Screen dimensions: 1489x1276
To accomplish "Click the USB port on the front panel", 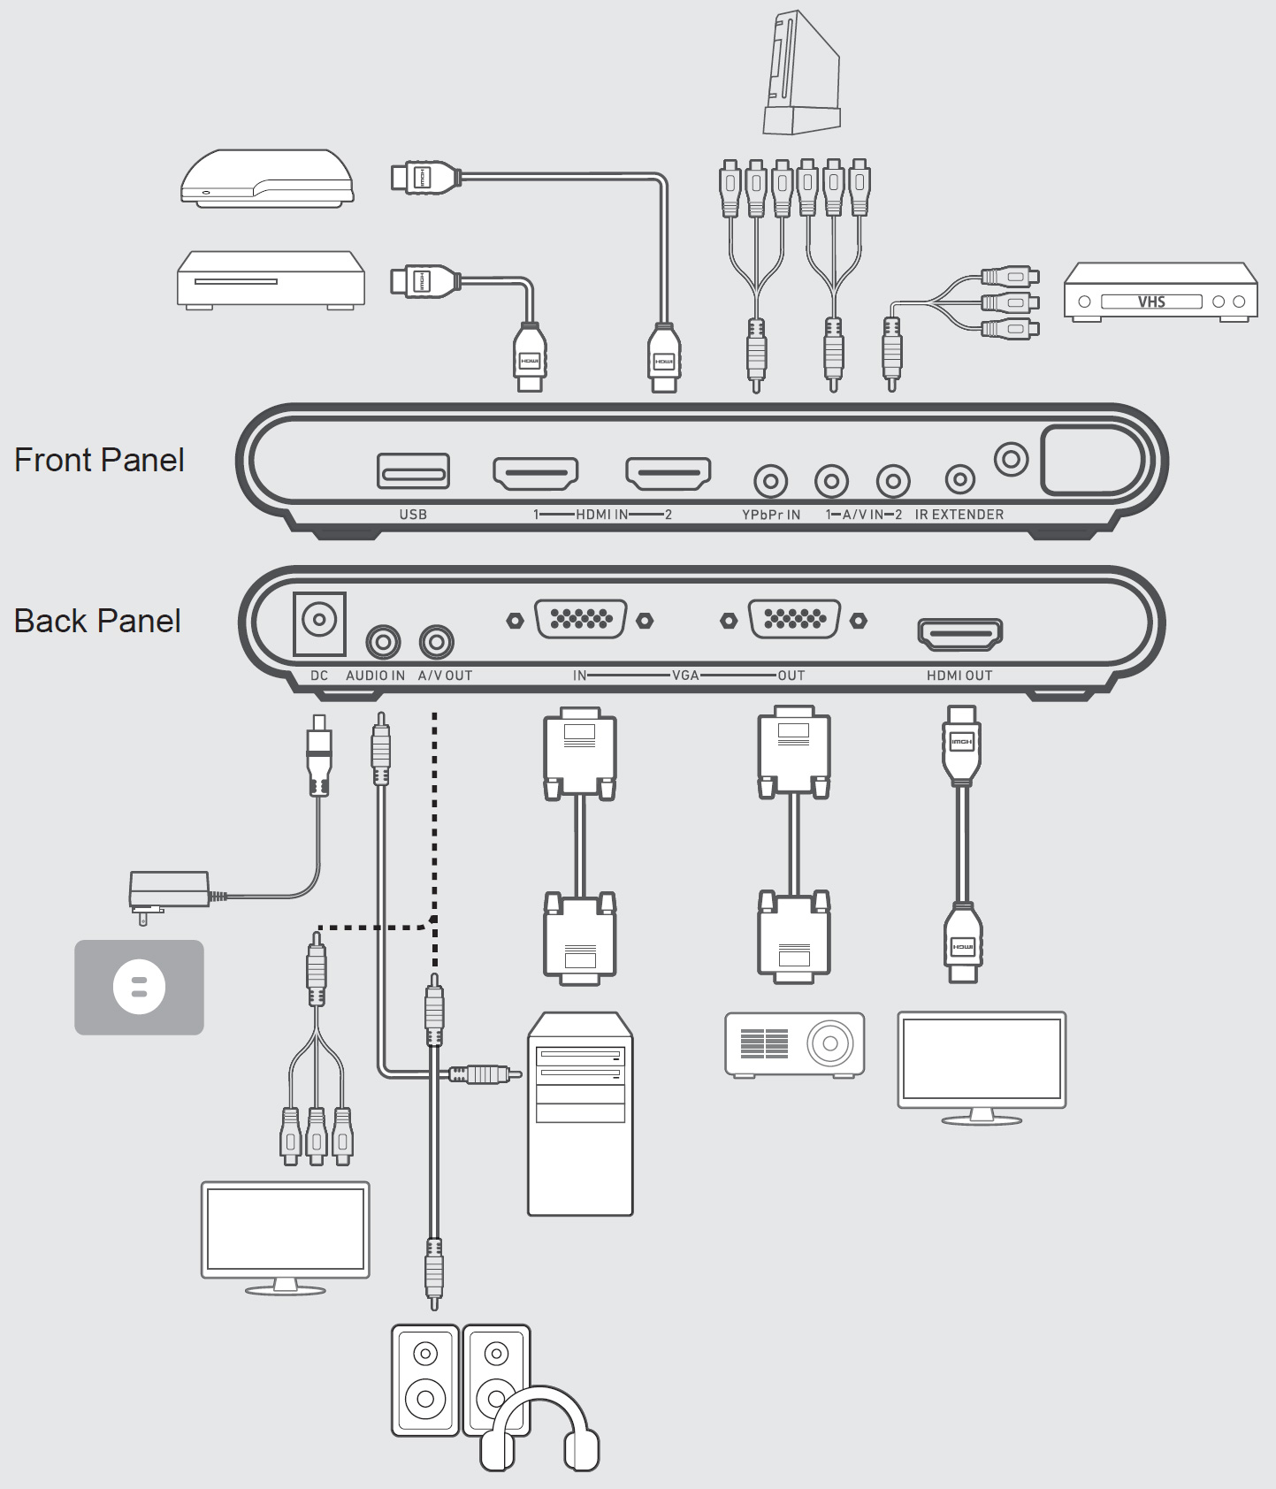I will point(413,471).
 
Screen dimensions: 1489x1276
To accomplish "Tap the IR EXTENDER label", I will point(959,515).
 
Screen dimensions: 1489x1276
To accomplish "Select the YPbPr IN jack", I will point(770,482).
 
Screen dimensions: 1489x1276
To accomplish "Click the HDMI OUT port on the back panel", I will point(959,634).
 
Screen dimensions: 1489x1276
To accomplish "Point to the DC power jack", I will point(318,620).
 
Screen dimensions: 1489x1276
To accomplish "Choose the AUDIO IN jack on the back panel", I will point(383,642).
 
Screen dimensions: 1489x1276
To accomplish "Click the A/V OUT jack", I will point(437,642).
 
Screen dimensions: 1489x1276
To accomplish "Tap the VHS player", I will point(1160,291).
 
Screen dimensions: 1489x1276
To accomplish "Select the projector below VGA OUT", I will point(794,1044).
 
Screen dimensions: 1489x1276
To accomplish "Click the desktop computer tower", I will point(580,1114).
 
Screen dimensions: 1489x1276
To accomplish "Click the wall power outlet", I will point(139,987).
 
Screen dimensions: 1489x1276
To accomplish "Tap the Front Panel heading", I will point(99,460).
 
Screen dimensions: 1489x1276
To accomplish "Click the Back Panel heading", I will point(97,621).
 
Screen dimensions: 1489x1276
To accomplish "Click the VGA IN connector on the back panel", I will point(580,619).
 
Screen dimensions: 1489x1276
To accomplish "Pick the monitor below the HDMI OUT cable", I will point(982,1061).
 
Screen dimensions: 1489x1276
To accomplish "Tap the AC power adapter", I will point(169,889).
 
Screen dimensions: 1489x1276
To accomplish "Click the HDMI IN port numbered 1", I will point(535,473).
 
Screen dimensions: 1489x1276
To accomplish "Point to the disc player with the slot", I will point(271,279).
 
